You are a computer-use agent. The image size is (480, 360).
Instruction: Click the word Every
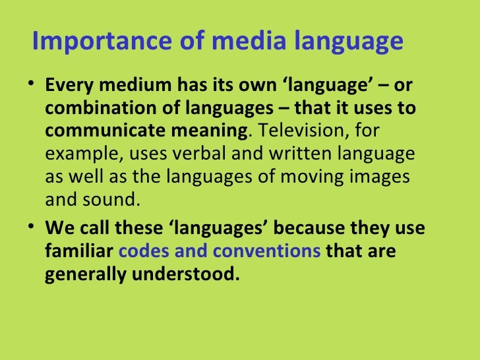coord(65,87)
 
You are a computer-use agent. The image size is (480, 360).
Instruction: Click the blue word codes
coord(144,251)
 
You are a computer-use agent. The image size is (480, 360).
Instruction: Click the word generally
coord(83,273)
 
